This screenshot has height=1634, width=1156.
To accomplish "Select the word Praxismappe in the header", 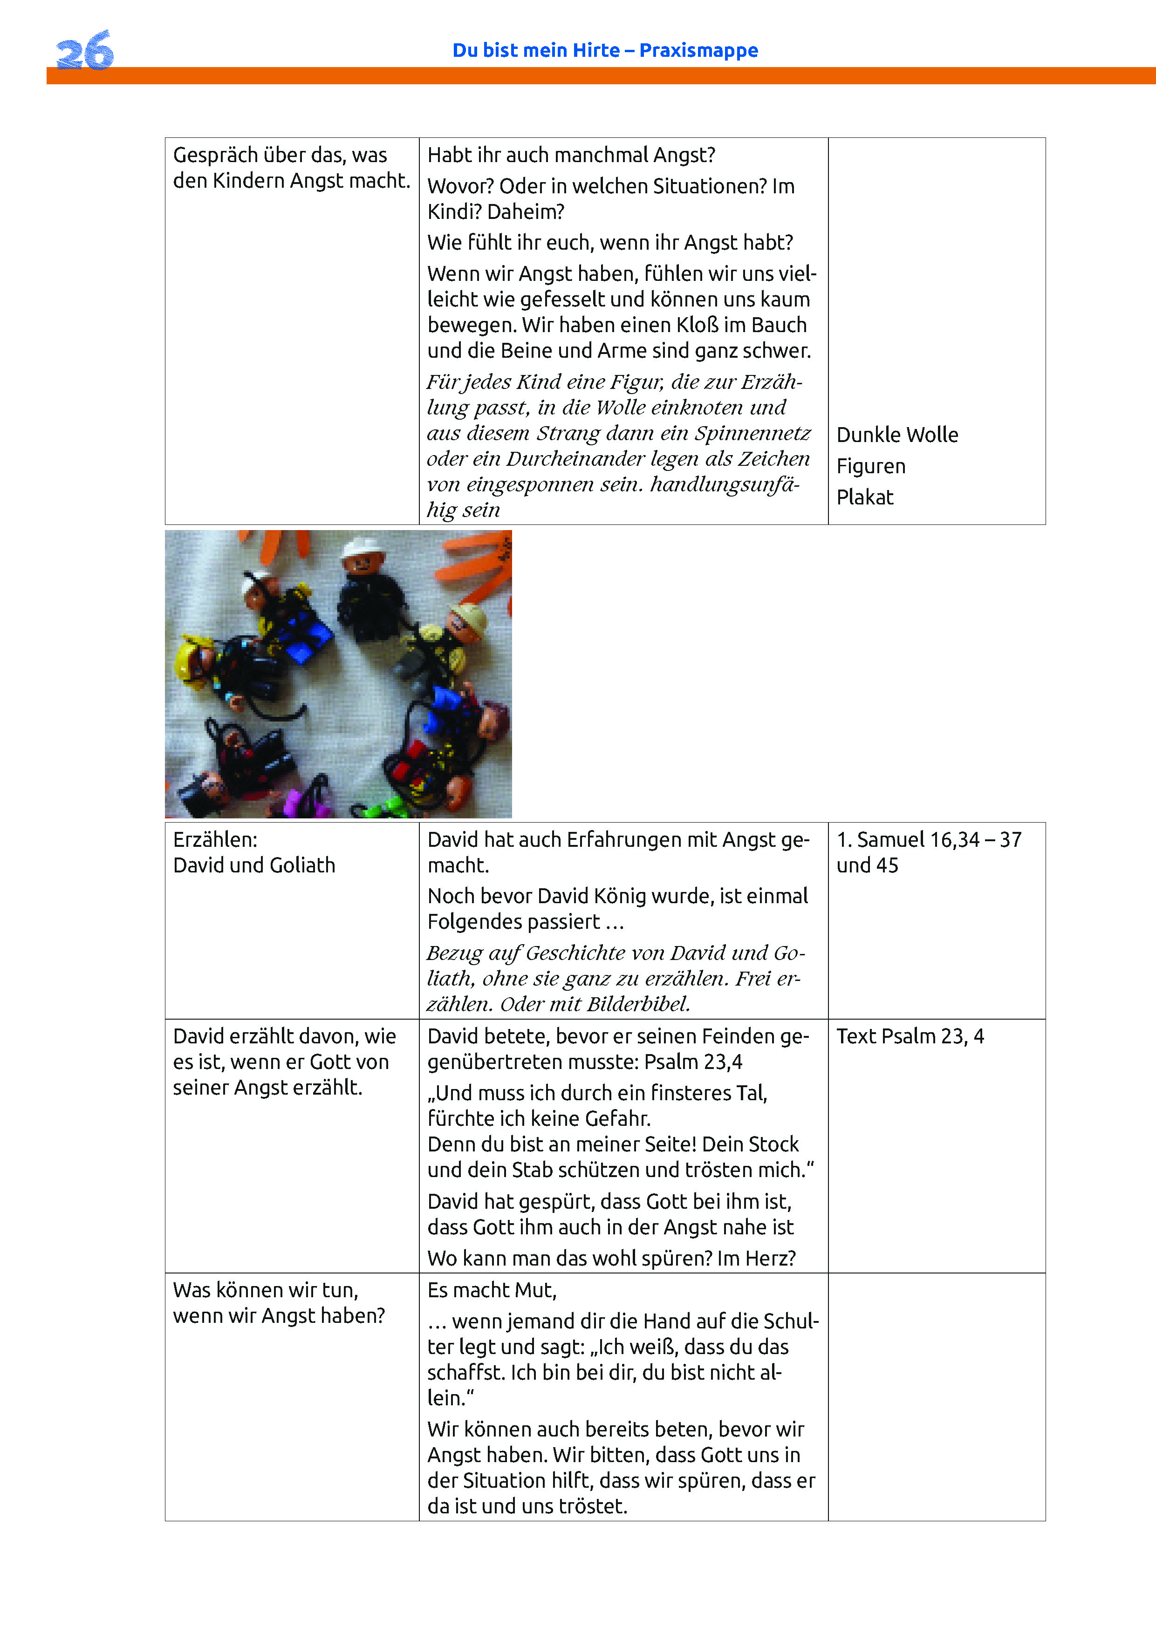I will click(x=698, y=50).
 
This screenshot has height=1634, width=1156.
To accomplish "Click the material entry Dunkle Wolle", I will click(x=897, y=435).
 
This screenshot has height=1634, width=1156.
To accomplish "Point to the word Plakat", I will click(x=864, y=497).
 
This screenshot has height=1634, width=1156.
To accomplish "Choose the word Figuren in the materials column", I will click(x=870, y=466).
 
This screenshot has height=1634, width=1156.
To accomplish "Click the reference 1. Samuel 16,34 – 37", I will click(x=929, y=840).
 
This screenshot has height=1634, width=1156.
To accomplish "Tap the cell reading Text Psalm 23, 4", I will click(x=910, y=1036).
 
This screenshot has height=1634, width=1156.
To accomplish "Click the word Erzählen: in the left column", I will click(x=215, y=840).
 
